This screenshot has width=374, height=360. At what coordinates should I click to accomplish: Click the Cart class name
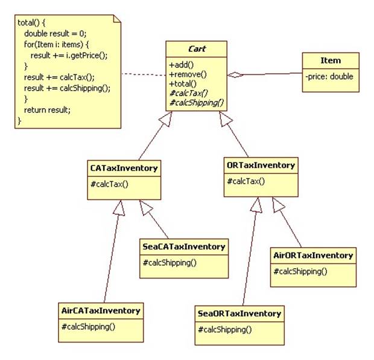pos(197,49)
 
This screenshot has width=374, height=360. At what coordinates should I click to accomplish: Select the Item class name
pos(331,60)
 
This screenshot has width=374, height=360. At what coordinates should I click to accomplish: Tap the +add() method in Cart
pos(182,65)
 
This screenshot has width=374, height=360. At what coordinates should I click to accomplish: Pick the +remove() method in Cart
pos(188,74)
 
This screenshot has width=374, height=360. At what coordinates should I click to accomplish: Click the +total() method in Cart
pos(183,83)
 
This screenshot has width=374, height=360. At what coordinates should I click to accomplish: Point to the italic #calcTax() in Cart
pos(189,93)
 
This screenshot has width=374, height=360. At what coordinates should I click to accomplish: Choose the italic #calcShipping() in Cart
pos(197,103)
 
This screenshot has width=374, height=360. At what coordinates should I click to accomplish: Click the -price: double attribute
pos(329,77)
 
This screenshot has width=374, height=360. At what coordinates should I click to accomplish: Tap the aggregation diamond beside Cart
pos(235,75)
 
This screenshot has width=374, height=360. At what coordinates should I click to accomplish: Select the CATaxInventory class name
pos(124,168)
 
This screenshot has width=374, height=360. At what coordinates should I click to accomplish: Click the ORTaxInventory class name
pos(261,166)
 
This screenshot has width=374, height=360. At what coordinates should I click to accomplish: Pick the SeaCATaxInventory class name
pos(184,246)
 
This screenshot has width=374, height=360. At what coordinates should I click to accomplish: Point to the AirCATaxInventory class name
pos(101,310)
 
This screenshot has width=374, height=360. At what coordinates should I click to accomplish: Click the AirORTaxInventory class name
pos(313,256)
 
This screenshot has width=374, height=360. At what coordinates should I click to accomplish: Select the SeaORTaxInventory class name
pos(239,313)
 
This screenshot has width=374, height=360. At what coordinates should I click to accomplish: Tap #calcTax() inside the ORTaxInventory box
pos(246,181)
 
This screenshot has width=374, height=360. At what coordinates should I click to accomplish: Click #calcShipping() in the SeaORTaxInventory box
pos(225,330)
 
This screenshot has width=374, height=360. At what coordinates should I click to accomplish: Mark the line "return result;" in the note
pos(47,110)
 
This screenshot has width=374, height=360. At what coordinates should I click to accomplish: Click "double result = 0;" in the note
pos(55,33)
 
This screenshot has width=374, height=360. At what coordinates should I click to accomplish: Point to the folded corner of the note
pos(117,19)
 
